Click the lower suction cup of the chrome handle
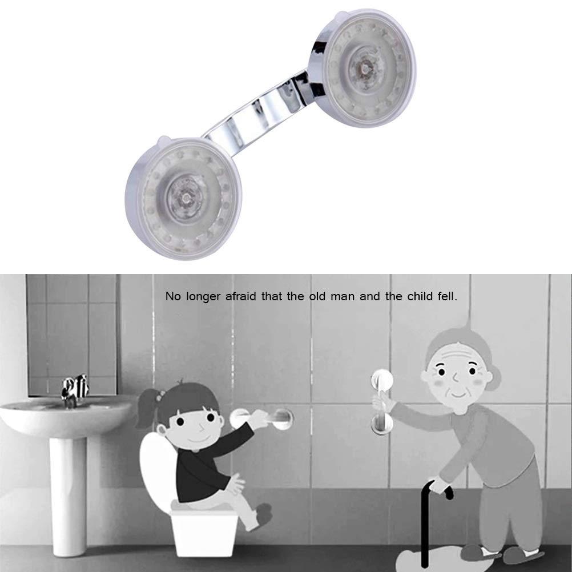coord(184,198)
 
